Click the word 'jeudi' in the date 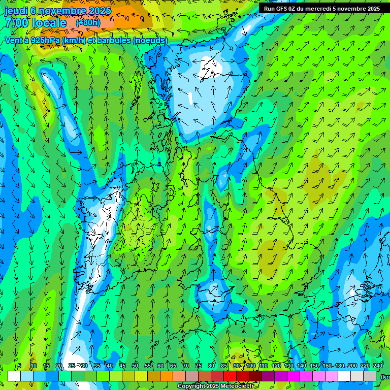tap(16, 11)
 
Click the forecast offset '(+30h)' tap(88, 22)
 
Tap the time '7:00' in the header tap(16, 23)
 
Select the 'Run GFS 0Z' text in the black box tap(280, 9)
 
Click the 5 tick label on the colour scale tap(19, 366)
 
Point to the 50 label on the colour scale tap(135, 366)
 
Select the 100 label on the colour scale tap(251, 366)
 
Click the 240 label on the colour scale tap(378, 366)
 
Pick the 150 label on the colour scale tap(314, 366)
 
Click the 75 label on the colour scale tap(199, 366)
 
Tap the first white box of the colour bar tap(14, 376)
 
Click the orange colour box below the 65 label tap(167, 376)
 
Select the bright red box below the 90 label tap(230, 376)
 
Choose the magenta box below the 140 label tap(294, 376)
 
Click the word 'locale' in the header tap(49, 23)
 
